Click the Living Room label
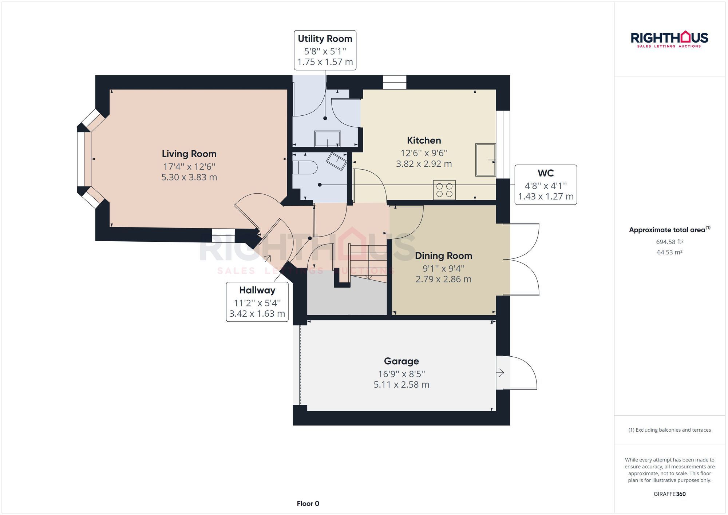pyautogui.click(x=189, y=154)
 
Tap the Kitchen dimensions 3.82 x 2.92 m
pyautogui.click(x=424, y=164)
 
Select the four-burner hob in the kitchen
pyautogui.click(x=444, y=190)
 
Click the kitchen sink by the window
pyautogui.click(x=485, y=160)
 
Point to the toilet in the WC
pyautogui.click(x=305, y=168)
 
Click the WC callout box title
pyautogui.click(x=545, y=173)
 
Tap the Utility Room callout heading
pyautogui.click(x=325, y=39)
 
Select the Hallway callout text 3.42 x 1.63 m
pyautogui.click(x=257, y=314)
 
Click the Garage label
pyautogui.click(x=401, y=361)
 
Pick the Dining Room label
pyautogui.click(x=443, y=256)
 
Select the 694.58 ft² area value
pyautogui.click(x=669, y=242)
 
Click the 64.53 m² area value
pyautogui.click(x=669, y=252)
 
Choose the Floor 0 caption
pyautogui.click(x=308, y=504)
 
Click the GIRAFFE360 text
pyautogui.click(x=669, y=494)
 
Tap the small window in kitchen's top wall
pyautogui.click(x=394, y=82)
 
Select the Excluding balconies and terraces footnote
pyautogui.click(x=669, y=430)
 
